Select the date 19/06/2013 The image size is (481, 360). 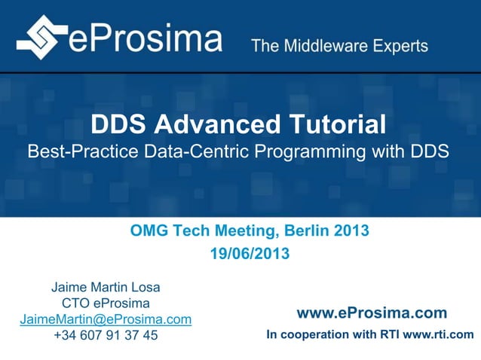coord(250,255)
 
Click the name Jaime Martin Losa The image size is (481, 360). coord(106,287)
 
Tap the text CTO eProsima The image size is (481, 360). coord(106,304)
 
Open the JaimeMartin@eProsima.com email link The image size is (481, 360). coord(106,319)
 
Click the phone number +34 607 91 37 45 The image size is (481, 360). coord(106,335)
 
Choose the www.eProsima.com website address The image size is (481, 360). coord(372,313)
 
